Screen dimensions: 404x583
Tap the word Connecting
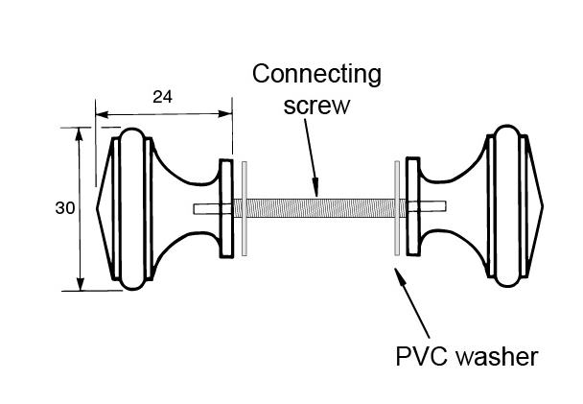[x=315, y=74]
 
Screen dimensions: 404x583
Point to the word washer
[x=495, y=357]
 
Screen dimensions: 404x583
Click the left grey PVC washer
[x=246, y=208]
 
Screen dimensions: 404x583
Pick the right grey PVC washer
[x=395, y=208]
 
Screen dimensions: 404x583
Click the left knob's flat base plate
[x=227, y=207]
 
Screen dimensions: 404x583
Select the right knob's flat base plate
[x=413, y=207]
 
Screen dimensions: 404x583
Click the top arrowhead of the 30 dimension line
[x=79, y=131]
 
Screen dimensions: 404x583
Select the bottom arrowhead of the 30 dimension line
[x=79, y=284]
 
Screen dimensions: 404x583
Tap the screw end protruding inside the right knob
[x=436, y=207]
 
